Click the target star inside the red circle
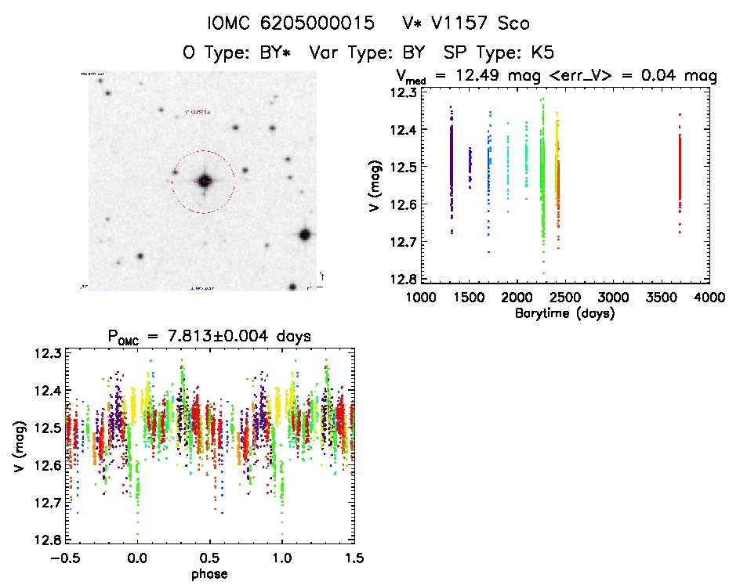coord(205,181)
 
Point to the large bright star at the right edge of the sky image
coord(305,235)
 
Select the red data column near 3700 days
coord(680,172)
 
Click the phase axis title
coord(209,574)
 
